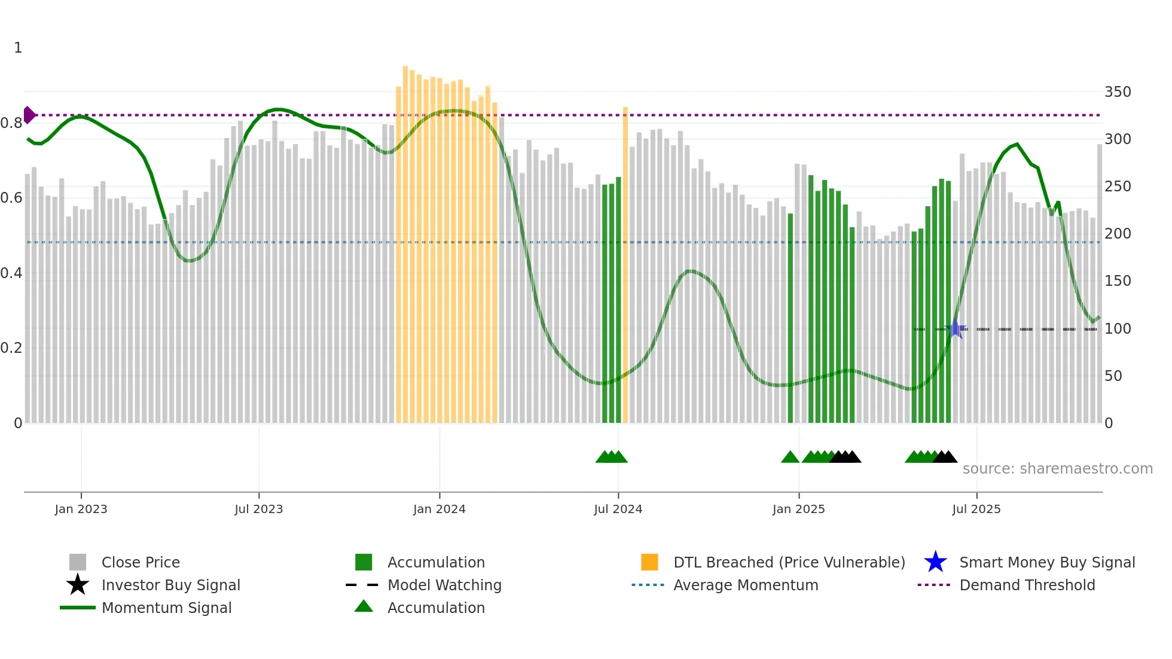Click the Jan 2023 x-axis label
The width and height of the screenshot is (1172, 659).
coord(81,509)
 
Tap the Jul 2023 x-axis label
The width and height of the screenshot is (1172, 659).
coord(258,509)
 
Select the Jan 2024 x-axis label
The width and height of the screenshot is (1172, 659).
coord(439,509)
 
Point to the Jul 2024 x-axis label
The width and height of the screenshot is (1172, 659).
coord(618,509)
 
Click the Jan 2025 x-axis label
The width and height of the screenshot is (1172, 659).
coord(798,509)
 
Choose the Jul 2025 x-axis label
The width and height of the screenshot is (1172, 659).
coord(976,509)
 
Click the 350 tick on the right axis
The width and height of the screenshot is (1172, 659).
coord(1118,92)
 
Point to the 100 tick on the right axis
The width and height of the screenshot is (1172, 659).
coord(1118,329)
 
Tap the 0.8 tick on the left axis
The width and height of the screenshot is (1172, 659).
coord(11,123)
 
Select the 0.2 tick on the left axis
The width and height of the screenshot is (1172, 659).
coord(11,348)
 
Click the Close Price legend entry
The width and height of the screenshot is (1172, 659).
coord(141,562)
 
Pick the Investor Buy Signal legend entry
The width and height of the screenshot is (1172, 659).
coord(170,585)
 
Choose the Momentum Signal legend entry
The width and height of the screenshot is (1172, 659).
coord(166,608)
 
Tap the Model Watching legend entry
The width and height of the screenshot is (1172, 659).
coord(444,585)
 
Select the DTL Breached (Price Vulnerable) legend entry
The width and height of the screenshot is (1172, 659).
coord(789,562)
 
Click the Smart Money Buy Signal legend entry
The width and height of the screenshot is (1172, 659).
coord(1046,562)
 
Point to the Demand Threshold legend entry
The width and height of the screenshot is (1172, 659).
coord(1027,585)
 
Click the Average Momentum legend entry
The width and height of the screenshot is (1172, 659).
coord(746,585)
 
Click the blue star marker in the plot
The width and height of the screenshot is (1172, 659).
coord(956,328)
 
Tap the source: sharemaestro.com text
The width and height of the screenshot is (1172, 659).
coord(1057,469)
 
